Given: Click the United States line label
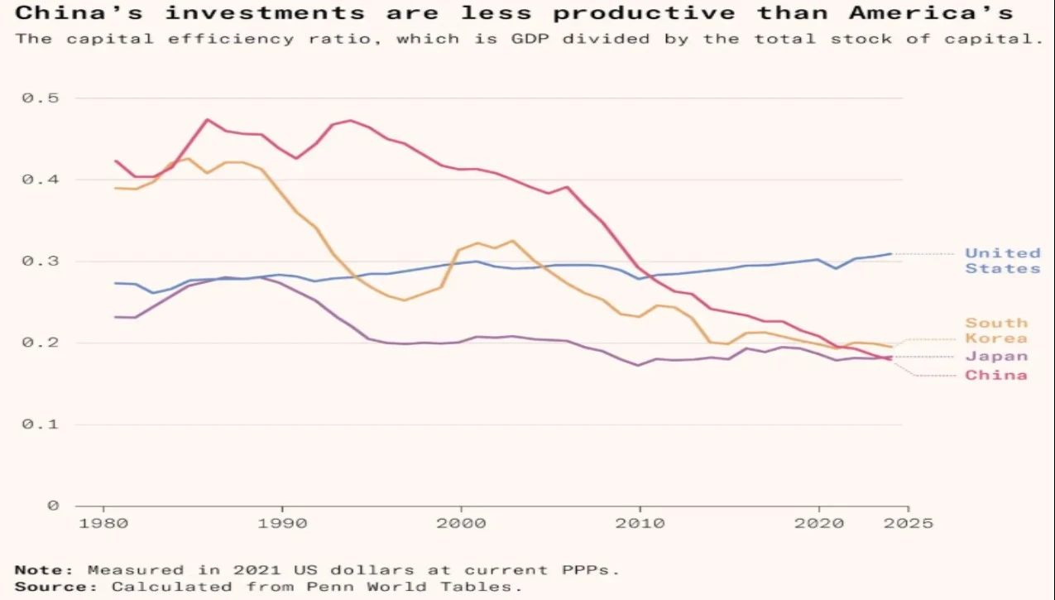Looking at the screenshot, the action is click(1002, 261).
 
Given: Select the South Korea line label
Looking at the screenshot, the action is click(996, 330).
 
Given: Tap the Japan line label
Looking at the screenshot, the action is click(996, 357).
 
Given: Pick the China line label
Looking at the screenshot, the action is click(995, 376).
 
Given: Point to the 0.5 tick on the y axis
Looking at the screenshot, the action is click(41, 98).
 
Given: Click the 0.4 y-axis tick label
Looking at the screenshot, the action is click(41, 180).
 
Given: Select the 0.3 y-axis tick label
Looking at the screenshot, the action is click(41, 261).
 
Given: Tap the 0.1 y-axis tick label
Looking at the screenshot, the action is click(41, 425).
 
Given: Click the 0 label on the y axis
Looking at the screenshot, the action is click(53, 506).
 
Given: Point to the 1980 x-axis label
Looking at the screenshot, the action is click(103, 523).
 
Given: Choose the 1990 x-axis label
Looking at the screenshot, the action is click(283, 523).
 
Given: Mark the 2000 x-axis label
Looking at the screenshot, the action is click(461, 523).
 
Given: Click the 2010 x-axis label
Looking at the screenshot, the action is click(640, 523).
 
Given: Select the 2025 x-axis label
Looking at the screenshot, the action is click(908, 523).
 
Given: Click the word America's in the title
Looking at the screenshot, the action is click(931, 12).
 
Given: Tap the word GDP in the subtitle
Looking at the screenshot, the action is click(530, 39).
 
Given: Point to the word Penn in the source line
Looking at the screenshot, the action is click(330, 587).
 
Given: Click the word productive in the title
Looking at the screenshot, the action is click(644, 13).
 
